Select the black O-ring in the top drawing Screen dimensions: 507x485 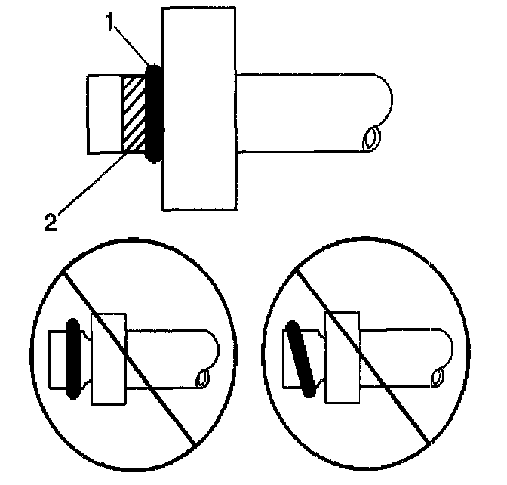pos(153,113)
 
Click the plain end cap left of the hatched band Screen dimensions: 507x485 pos(104,113)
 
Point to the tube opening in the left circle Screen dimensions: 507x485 pos(201,377)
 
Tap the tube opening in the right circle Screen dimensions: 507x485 pos(437,376)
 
